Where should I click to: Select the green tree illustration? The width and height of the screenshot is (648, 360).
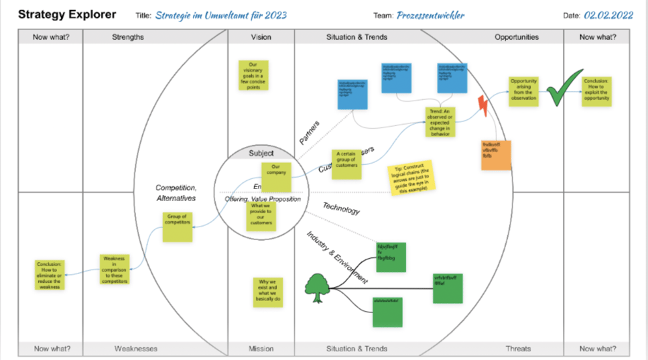[x=320, y=288]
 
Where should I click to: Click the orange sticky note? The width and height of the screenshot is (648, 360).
[x=496, y=155]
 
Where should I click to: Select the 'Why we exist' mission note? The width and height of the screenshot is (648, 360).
[x=267, y=292]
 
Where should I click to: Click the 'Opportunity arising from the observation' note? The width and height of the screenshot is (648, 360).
[x=524, y=91]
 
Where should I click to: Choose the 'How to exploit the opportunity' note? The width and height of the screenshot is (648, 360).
[x=596, y=91]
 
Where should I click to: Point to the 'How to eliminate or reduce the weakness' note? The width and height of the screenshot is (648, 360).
[x=50, y=275]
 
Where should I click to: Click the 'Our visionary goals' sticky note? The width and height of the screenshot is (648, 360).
[x=253, y=74]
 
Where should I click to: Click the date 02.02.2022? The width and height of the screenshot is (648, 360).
[x=608, y=15]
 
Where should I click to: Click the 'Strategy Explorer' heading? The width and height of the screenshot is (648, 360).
[x=66, y=14]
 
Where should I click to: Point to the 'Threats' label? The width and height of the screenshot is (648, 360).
[x=519, y=349]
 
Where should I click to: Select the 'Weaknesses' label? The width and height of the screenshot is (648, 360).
[x=136, y=349]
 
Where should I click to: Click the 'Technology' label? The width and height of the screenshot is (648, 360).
[x=341, y=208]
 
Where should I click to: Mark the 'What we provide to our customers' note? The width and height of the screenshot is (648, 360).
[x=261, y=216]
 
